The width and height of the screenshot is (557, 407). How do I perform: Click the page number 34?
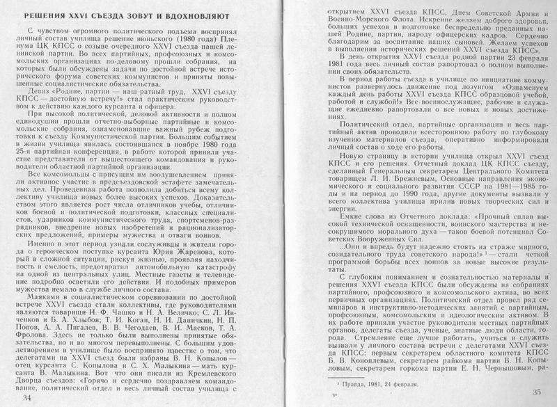28,397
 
